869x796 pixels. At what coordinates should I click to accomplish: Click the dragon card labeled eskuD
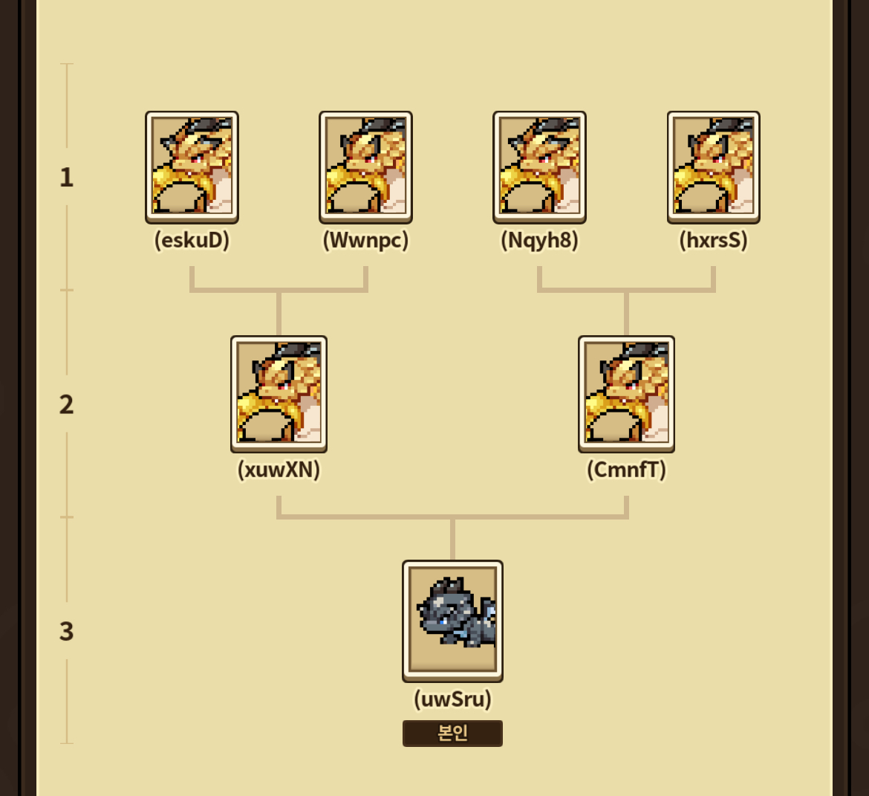pos(192,166)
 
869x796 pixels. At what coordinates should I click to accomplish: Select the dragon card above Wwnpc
pos(365,166)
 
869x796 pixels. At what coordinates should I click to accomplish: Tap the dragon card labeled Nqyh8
pos(539,166)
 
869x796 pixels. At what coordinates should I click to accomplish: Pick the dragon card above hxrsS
pos(713,166)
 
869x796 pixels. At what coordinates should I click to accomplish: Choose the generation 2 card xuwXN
pos(279,393)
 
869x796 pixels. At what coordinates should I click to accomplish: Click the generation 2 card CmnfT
pos(626,393)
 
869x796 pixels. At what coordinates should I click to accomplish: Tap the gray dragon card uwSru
pos(452,620)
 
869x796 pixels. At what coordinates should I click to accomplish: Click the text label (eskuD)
pos(192,241)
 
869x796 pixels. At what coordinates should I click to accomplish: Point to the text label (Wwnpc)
pos(365,241)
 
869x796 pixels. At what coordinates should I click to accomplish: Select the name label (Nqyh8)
pos(539,241)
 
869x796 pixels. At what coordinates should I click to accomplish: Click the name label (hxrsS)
pos(713,241)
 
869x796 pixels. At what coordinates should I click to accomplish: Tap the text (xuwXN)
pos(279,470)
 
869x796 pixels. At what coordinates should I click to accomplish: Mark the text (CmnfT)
pos(626,470)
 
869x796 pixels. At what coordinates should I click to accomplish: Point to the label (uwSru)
pos(452,699)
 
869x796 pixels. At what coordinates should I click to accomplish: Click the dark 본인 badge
pos(452,734)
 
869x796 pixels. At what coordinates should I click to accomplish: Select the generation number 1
pos(67,177)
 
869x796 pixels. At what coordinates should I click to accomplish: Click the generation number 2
pos(67,404)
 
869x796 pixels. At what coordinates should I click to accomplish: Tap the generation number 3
pos(67,631)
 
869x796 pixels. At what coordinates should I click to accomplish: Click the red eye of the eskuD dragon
pos(196,158)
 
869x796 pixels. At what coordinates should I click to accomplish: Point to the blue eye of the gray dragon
pos(443,618)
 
